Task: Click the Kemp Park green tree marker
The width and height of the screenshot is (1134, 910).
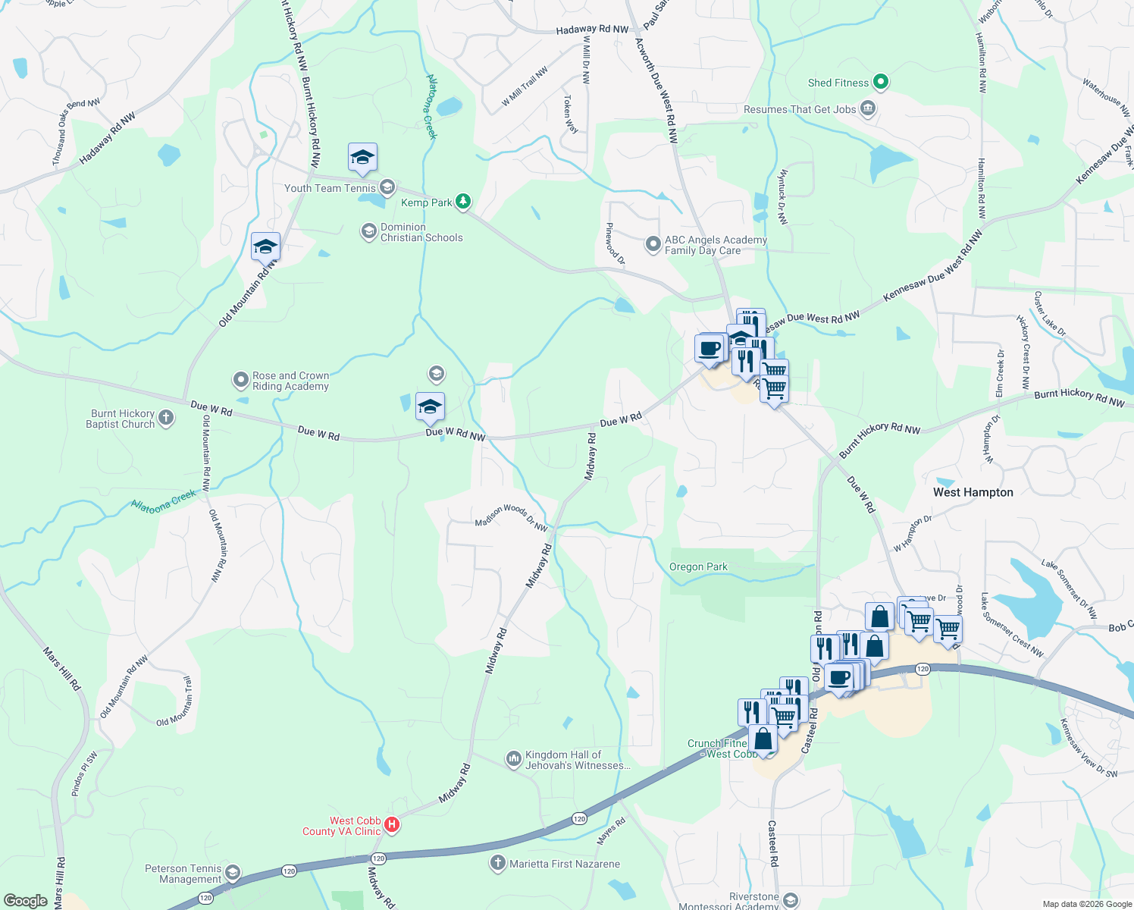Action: point(463,202)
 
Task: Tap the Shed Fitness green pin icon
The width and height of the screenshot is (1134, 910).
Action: point(880,82)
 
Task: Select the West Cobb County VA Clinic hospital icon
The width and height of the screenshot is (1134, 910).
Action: point(392,825)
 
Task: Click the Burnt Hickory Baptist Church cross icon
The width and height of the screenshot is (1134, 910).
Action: point(166,418)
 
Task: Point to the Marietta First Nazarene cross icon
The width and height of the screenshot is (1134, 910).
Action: point(497,863)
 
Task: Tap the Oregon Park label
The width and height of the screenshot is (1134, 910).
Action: point(698,566)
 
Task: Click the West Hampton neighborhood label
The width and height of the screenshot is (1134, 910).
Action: point(973,492)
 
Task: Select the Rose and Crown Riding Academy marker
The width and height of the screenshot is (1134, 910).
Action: point(240,380)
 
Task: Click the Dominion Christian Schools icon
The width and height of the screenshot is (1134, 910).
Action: point(369,231)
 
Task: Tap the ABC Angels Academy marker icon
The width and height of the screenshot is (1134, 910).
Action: point(653,244)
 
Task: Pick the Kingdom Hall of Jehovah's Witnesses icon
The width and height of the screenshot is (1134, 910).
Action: point(514,758)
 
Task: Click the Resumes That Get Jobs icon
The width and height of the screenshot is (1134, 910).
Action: point(868,109)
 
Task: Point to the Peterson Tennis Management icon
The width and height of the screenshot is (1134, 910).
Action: point(233,873)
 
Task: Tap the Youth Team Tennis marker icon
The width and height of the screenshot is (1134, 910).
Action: point(387,187)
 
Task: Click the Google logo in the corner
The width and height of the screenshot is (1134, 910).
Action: point(25,900)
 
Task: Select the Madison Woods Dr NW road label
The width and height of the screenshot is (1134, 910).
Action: point(511,518)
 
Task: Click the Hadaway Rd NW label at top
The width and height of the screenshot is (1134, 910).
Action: point(592,30)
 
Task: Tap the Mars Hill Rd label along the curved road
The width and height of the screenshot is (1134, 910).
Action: point(62,668)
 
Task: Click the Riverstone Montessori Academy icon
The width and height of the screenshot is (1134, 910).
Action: point(791,900)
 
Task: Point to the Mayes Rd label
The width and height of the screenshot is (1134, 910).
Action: point(611,831)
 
